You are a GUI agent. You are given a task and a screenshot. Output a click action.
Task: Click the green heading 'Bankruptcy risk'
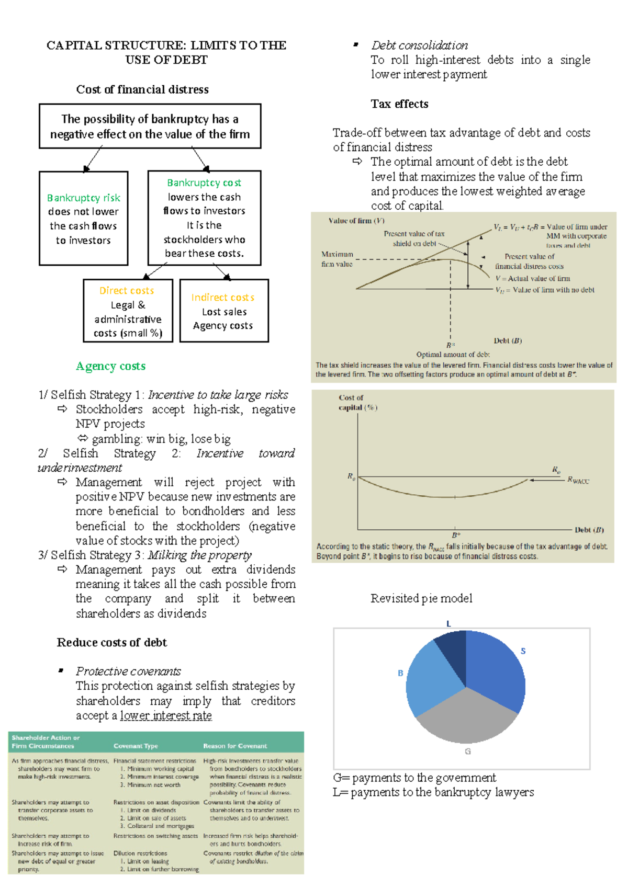(x=84, y=198)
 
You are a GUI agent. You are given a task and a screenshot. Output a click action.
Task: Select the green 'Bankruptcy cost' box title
(x=204, y=183)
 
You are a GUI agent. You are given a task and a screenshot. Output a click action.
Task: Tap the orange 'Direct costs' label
(x=127, y=290)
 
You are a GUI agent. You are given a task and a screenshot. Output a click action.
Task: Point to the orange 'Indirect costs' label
(x=223, y=297)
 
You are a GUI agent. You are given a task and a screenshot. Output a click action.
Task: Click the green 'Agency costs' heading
(x=110, y=366)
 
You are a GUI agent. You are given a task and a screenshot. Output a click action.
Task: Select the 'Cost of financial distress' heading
(x=142, y=89)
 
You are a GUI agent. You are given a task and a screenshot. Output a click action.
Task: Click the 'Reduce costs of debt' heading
(x=112, y=642)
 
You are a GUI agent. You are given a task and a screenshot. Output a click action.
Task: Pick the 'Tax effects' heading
(x=399, y=104)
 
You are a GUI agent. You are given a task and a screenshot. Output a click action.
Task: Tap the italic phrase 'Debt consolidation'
(x=420, y=45)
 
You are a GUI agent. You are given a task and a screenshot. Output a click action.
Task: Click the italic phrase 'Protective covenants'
(x=128, y=671)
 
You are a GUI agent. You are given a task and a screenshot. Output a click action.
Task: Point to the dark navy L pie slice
(x=452, y=651)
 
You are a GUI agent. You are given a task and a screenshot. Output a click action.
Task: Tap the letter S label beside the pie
(x=523, y=651)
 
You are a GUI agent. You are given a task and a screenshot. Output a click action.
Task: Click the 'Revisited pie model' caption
(x=421, y=598)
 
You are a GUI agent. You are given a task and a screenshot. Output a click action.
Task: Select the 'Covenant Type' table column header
(x=136, y=746)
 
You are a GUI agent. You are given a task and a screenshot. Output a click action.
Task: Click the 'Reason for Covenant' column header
(x=235, y=746)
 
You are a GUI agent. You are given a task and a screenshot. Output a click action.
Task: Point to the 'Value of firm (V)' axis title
(x=356, y=221)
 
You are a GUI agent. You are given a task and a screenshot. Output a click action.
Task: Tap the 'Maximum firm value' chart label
(x=337, y=259)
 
